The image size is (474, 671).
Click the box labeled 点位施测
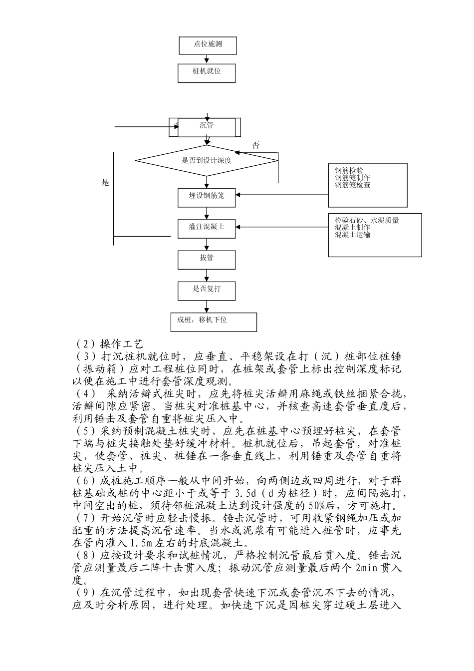click(x=207, y=44)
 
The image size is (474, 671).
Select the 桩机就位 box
click(x=207, y=72)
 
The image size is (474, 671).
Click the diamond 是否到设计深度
click(x=206, y=161)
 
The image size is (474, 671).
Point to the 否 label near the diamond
click(x=255, y=146)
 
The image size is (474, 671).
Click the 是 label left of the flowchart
click(x=105, y=183)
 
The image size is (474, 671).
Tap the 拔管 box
click(x=207, y=259)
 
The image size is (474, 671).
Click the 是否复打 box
click(x=207, y=290)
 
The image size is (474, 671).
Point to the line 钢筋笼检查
click(x=352, y=185)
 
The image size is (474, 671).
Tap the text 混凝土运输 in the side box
click(x=352, y=235)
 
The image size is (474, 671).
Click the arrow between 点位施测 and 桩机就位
click(x=207, y=59)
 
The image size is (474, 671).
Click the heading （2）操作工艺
click(x=108, y=344)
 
